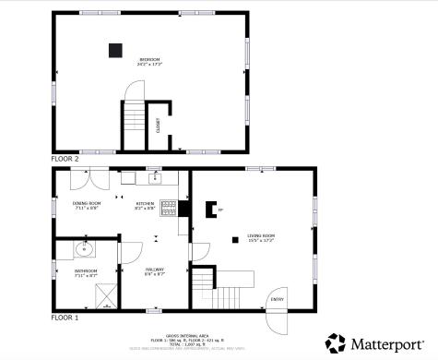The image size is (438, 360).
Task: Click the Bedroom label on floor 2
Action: tap(149, 62)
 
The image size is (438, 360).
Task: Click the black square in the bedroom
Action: tap(116, 51)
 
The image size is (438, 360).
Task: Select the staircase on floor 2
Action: tap(134, 118)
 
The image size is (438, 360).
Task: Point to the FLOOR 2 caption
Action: tap(65, 159)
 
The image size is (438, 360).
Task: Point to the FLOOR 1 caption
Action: tap(65, 317)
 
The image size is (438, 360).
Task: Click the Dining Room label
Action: tap(85, 206)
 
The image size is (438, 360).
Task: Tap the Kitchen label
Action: tap(146, 206)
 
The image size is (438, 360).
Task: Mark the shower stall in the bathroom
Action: tap(108, 293)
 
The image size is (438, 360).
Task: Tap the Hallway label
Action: tap(154, 271)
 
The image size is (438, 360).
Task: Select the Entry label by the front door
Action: tap(277, 299)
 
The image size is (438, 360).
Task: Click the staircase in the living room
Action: tap(225, 295)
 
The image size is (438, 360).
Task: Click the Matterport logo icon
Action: tap(336, 343)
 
